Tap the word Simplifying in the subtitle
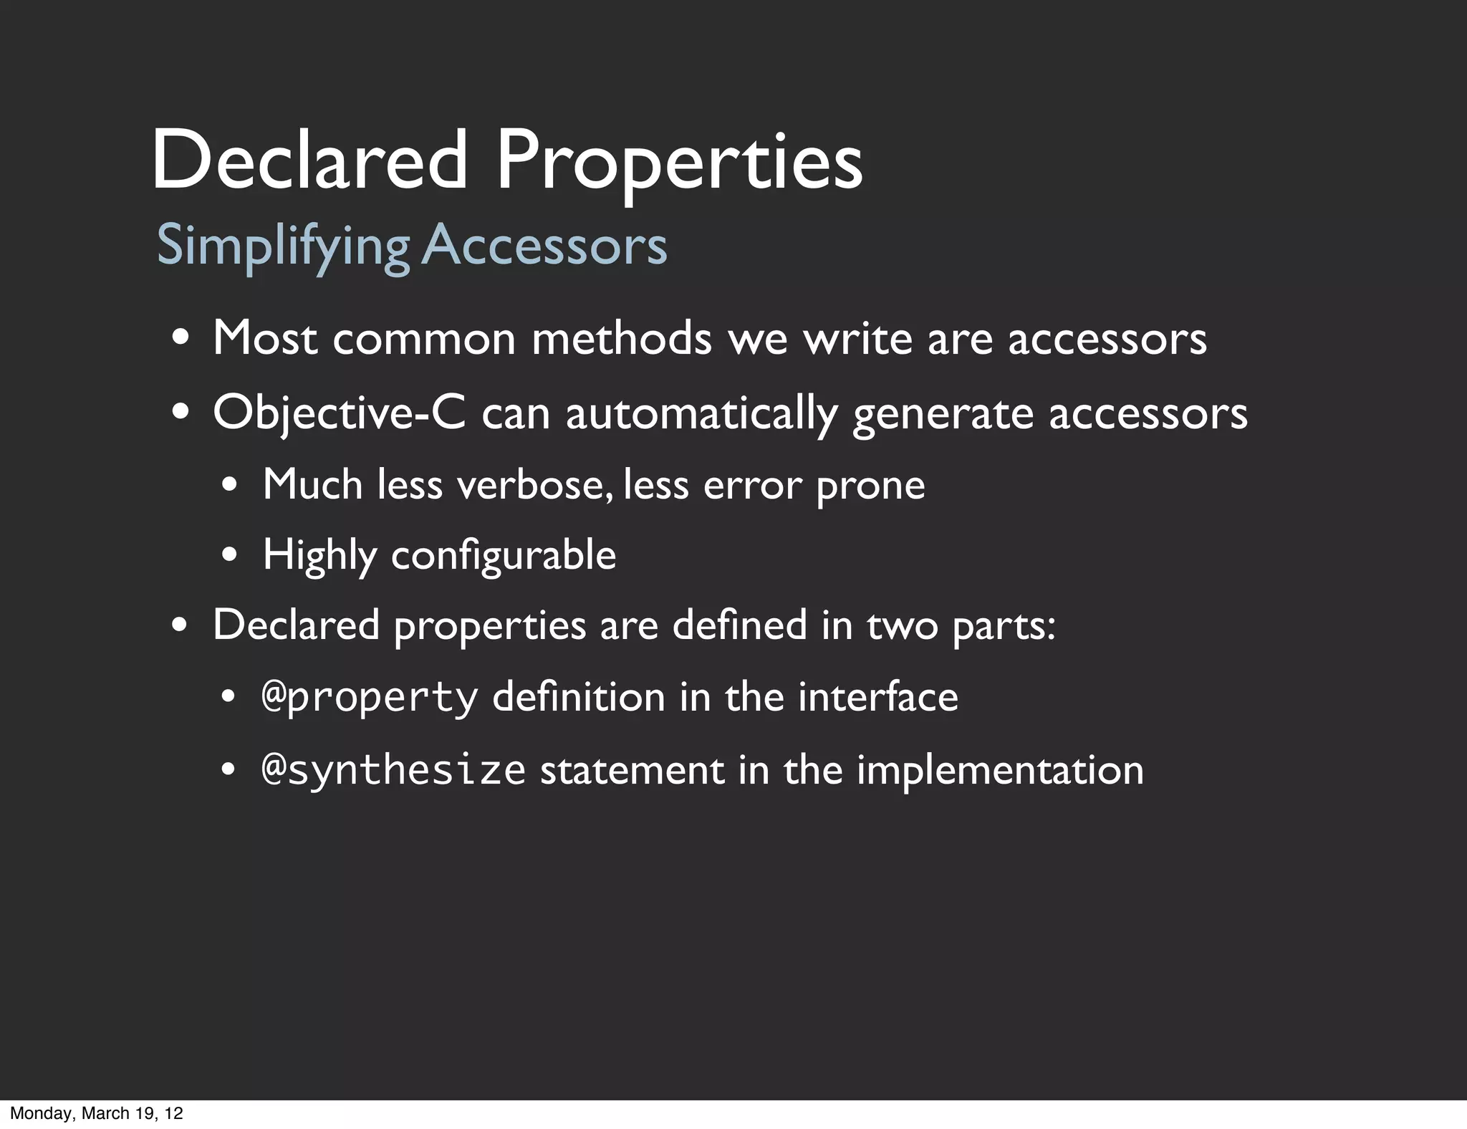click(282, 246)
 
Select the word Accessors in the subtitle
click(544, 245)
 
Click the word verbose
click(534, 484)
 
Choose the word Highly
click(319, 556)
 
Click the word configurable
click(504, 556)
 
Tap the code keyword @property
click(370, 698)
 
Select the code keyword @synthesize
click(394, 771)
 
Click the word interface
click(877, 697)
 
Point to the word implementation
click(1000, 771)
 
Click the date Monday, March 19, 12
click(97, 1113)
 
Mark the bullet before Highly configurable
click(229, 554)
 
